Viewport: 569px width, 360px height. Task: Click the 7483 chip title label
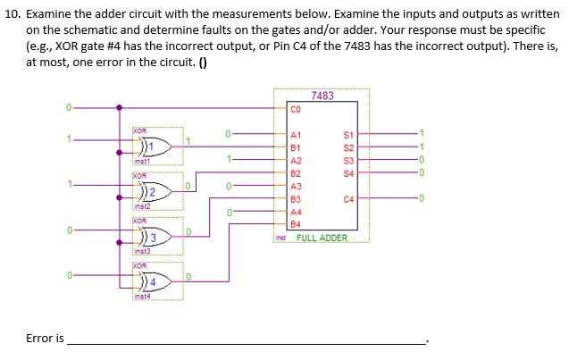tap(322, 96)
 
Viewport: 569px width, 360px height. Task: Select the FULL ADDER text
tap(322, 239)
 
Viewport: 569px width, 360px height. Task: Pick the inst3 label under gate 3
tap(142, 253)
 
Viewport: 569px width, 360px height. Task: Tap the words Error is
tap(45, 339)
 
